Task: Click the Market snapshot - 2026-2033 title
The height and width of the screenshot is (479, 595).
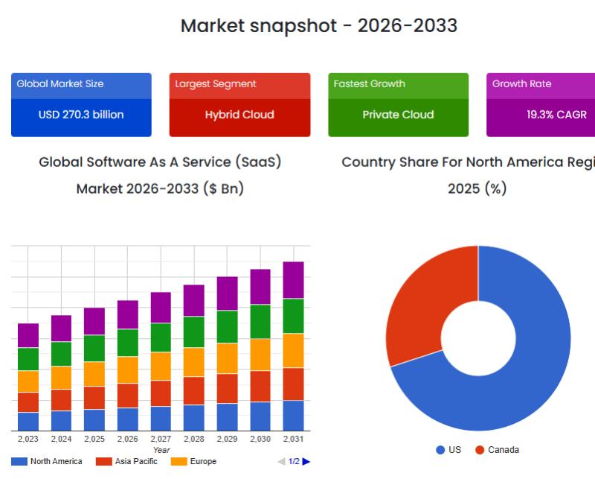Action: (319, 26)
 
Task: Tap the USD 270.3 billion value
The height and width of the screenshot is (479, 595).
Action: (81, 115)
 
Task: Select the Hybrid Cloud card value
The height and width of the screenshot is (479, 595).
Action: (239, 115)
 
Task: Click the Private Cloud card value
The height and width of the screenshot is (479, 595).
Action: (398, 115)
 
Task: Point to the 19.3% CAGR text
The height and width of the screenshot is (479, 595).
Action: (556, 115)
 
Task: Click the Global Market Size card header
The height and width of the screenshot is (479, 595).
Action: (60, 84)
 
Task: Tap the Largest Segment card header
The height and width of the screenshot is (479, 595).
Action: (216, 84)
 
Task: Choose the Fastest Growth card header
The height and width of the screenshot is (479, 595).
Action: (370, 84)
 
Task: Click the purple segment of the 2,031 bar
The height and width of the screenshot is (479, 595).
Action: (293, 280)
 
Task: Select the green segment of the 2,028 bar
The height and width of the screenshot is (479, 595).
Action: (194, 332)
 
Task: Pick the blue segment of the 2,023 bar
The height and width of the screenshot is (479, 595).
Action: (28, 422)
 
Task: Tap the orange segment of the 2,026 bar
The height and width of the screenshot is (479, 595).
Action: (128, 369)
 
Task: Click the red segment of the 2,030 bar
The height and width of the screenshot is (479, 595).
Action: (260, 386)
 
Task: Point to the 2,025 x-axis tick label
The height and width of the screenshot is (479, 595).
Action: (94, 440)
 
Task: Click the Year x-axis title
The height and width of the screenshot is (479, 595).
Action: (161, 450)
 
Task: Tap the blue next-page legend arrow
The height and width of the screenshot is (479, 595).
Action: (306, 462)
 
